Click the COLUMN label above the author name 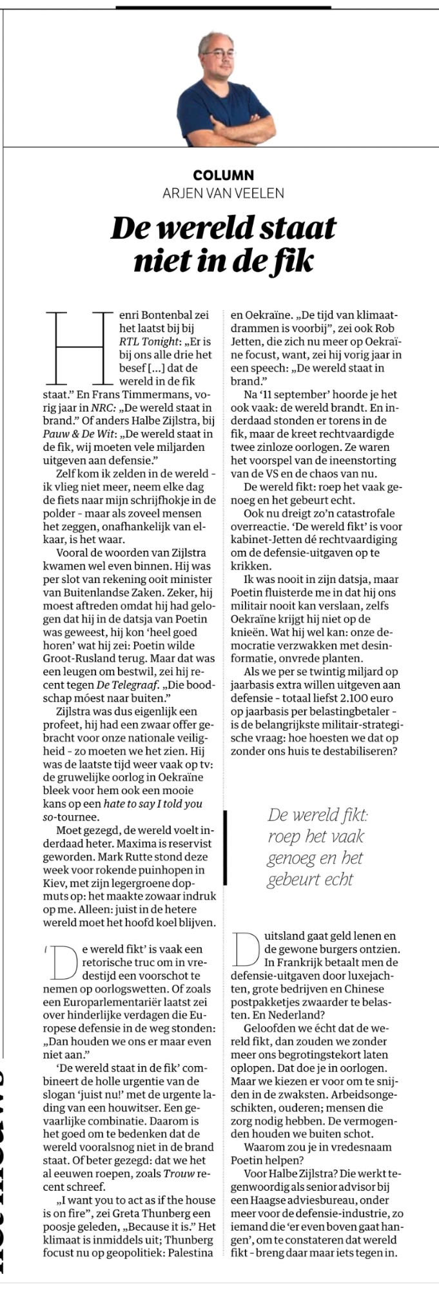pos(224,175)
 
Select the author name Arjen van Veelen pos(224,192)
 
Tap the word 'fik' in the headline pos(295,260)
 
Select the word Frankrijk pos(304,962)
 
